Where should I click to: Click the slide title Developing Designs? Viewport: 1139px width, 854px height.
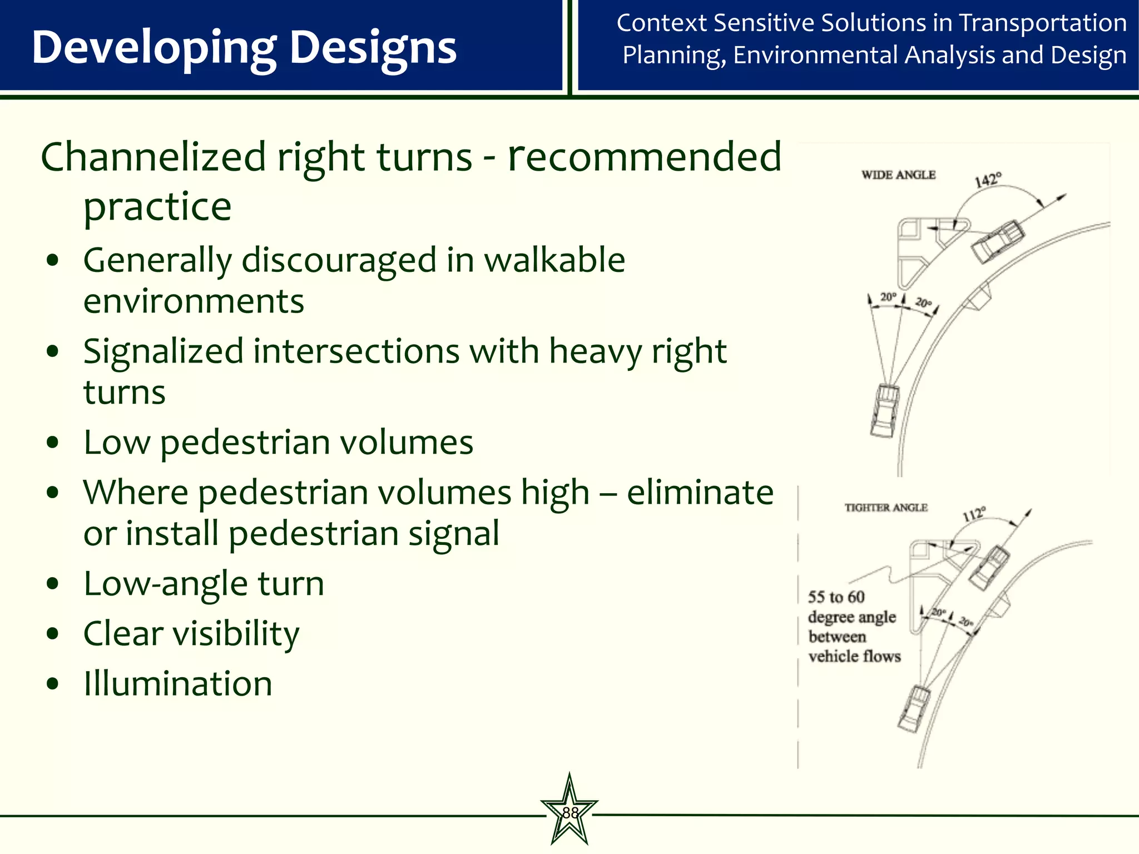click(x=244, y=48)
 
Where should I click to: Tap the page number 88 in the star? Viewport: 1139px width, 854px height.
click(x=570, y=813)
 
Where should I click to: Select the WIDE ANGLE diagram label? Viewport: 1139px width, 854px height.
click(x=898, y=175)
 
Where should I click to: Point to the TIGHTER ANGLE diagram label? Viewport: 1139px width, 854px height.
click(x=886, y=508)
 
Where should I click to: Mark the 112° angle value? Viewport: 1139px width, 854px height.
click(x=974, y=514)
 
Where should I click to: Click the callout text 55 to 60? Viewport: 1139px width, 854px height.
click(x=836, y=597)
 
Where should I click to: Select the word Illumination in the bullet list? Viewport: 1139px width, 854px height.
click(x=178, y=683)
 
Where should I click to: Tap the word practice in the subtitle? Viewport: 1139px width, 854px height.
click(x=157, y=207)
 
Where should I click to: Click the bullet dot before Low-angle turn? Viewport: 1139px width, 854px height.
click(x=53, y=584)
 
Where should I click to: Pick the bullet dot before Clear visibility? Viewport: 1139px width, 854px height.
click(x=53, y=634)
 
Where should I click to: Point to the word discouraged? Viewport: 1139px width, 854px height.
click(x=339, y=260)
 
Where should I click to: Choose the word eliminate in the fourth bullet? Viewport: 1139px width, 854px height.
click(x=700, y=493)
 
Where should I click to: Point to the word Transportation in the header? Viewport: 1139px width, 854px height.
click(x=1043, y=23)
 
